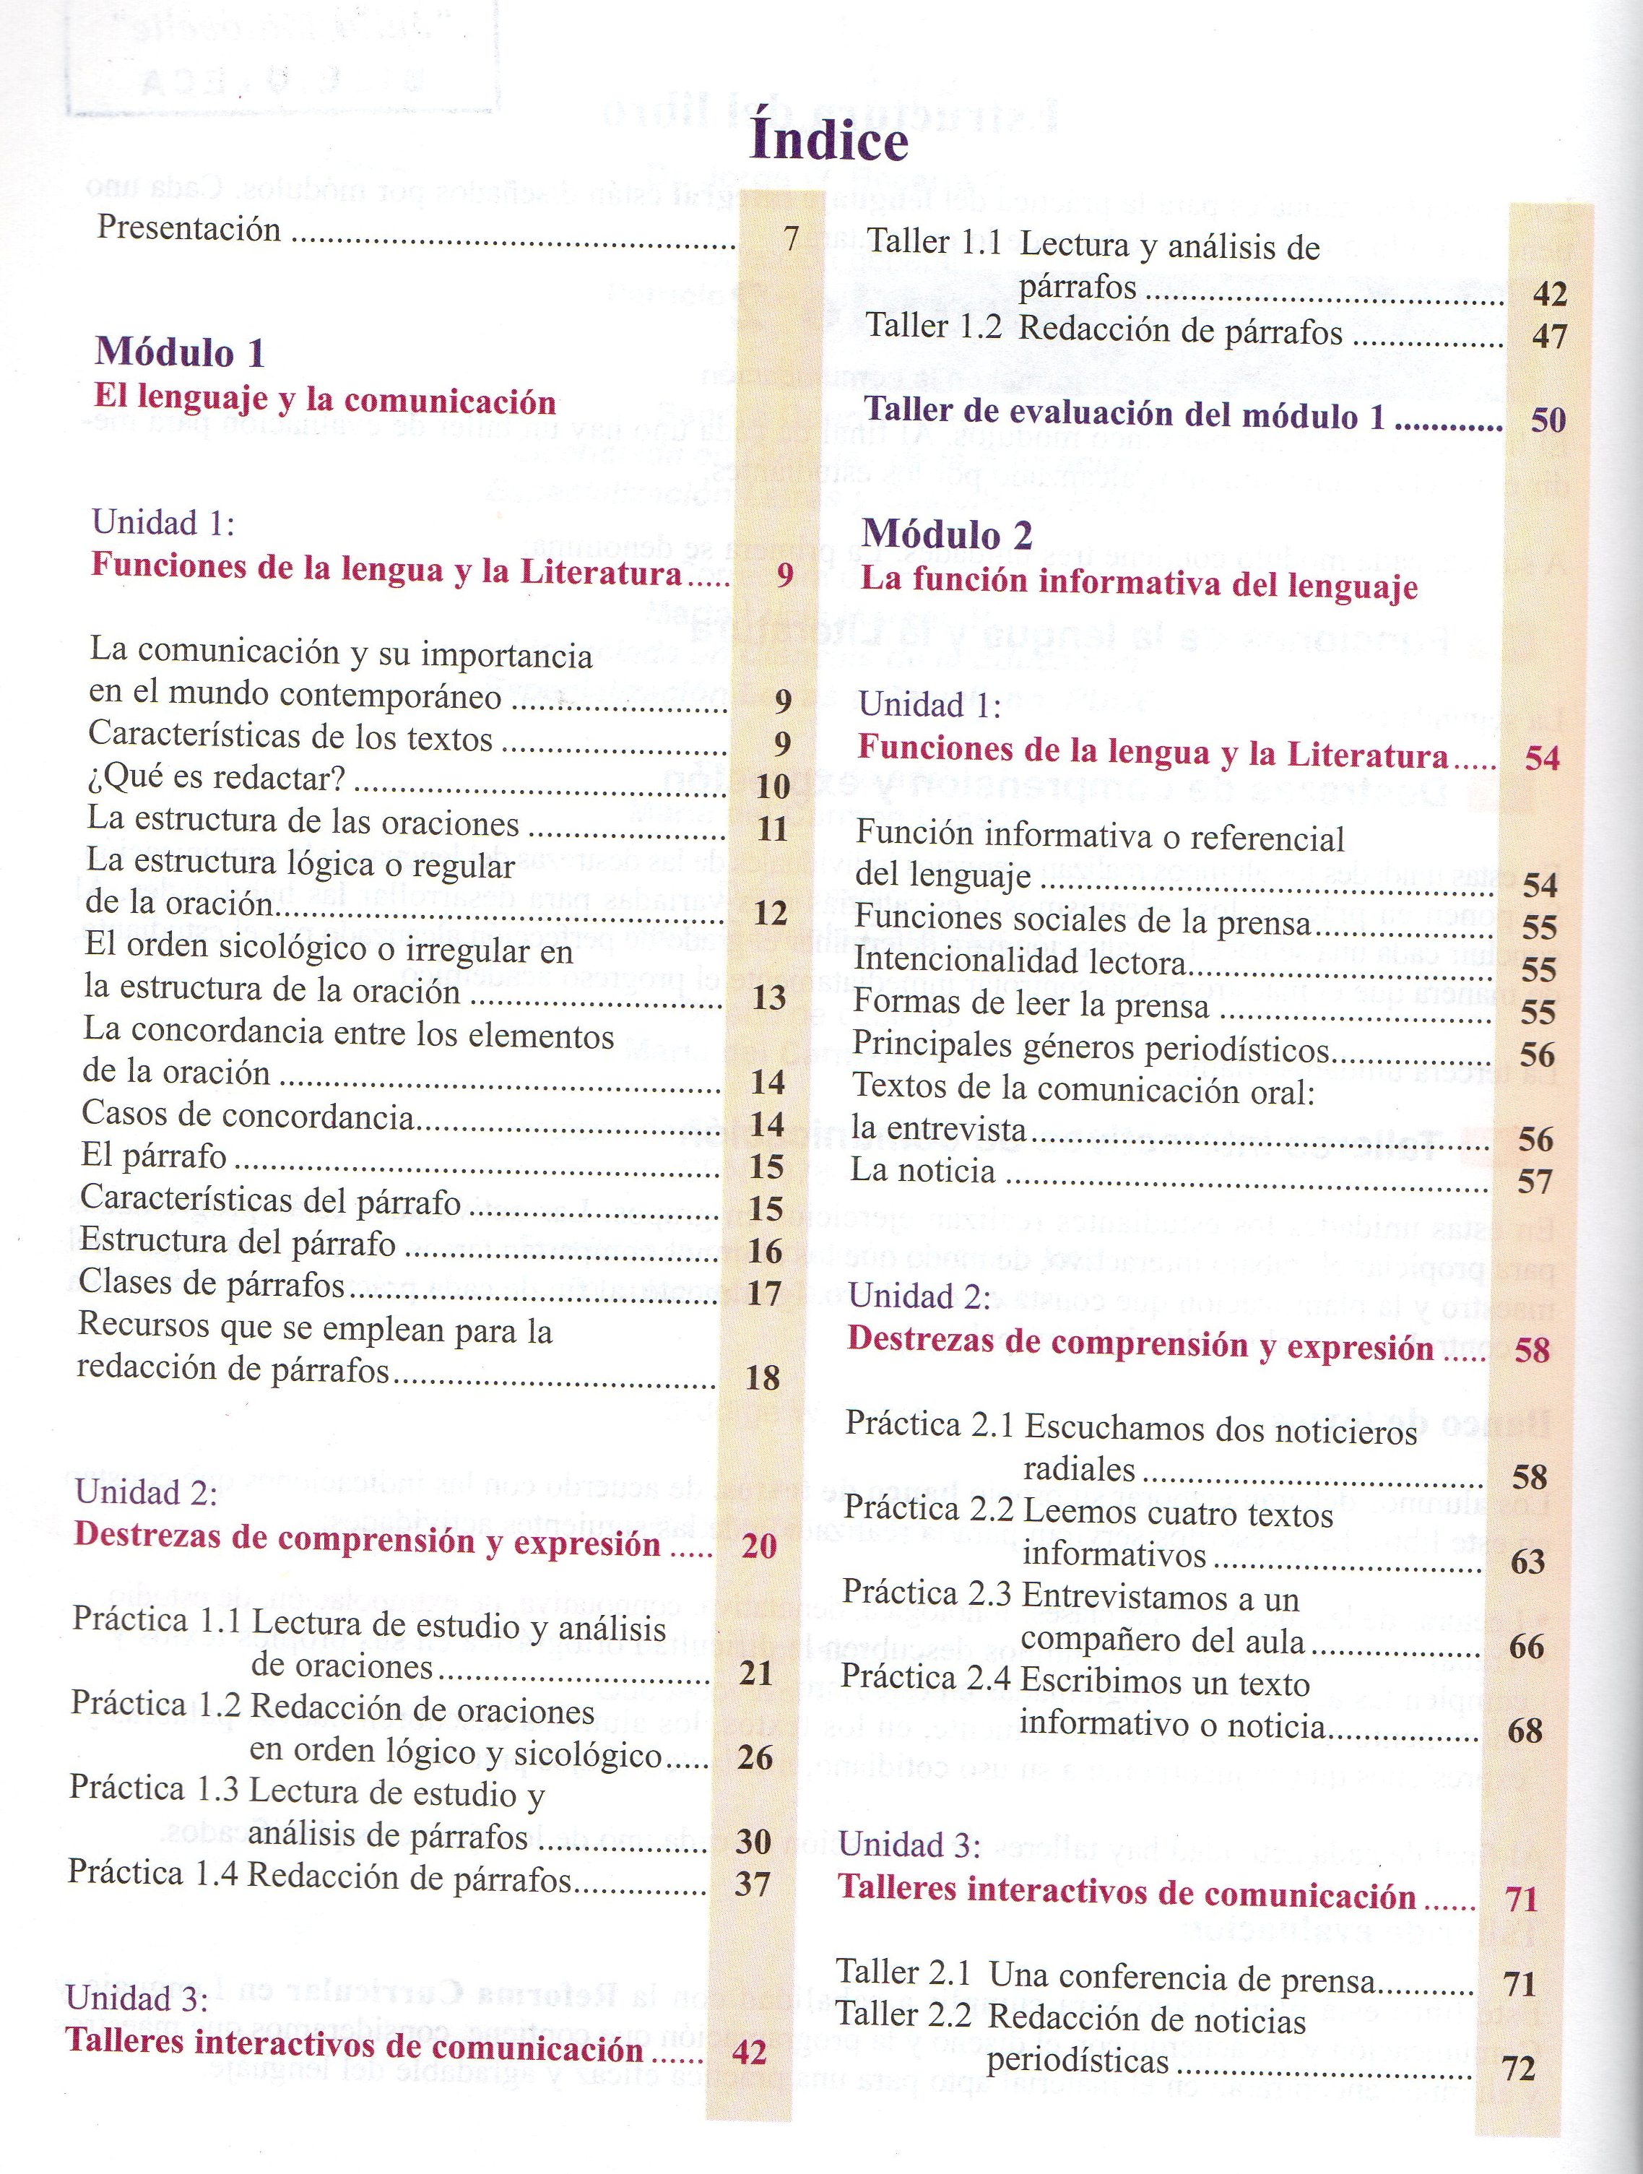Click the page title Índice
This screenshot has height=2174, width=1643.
click(828, 141)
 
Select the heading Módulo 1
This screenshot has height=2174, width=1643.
click(180, 352)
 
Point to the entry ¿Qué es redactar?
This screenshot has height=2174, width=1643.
click(215, 779)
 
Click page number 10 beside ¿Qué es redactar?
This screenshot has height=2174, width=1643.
click(774, 787)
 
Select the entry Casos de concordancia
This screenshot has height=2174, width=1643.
click(247, 1117)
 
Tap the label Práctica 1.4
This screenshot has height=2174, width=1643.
click(153, 1874)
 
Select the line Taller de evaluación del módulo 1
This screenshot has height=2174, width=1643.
click(1124, 414)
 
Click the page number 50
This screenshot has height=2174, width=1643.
click(1548, 420)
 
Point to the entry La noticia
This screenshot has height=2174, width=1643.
click(923, 1171)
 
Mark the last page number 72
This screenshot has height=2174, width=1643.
click(1520, 2069)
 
